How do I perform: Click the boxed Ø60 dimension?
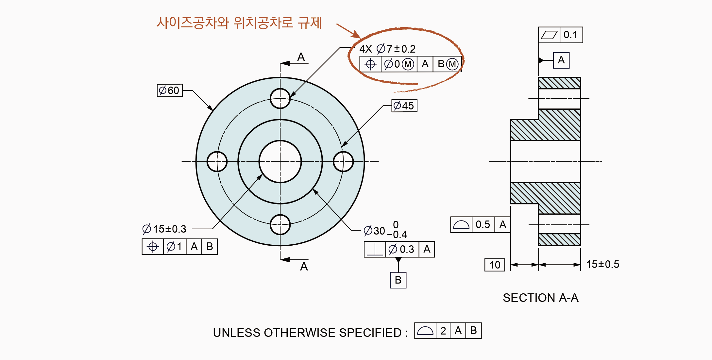(169, 90)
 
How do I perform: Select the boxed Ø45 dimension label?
(404, 106)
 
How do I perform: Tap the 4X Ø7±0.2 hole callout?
(387, 49)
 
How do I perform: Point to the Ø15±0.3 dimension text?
(164, 229)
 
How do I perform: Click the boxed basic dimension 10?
(495, 265)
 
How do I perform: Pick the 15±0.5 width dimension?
(602, 264)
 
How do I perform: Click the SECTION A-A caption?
(540, 298)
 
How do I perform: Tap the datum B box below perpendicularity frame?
(398, 280)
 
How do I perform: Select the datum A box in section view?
(561, 60)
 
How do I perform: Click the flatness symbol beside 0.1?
(549, 35)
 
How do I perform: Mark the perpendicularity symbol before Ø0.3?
(375, 250)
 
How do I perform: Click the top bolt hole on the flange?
(280, 98)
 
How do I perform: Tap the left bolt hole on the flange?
(217, 161)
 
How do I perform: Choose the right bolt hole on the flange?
(343, 161)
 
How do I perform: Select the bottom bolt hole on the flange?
(280, 225)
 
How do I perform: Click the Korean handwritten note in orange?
(239, 23)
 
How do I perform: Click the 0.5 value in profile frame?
(483, 224)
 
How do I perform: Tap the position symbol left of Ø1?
(153, 247)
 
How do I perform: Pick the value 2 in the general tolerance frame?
(443, 331)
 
